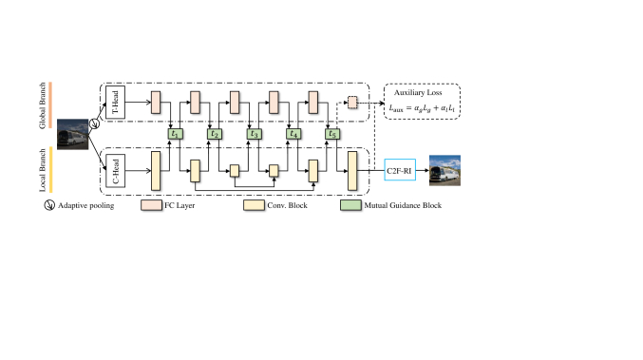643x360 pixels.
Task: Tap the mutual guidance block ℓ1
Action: click(x=174, y=134)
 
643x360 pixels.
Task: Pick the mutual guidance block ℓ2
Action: click(x=215, y=134)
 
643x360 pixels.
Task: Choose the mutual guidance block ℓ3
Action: click(x=254, y=134)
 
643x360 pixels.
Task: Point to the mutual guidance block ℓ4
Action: click(x=293, y=134)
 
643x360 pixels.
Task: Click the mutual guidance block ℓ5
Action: click(x=332, y=134)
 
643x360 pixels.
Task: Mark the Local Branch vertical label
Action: click(x=44, y=168)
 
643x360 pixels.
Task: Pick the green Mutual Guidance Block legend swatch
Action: click(x=349, y=204)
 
